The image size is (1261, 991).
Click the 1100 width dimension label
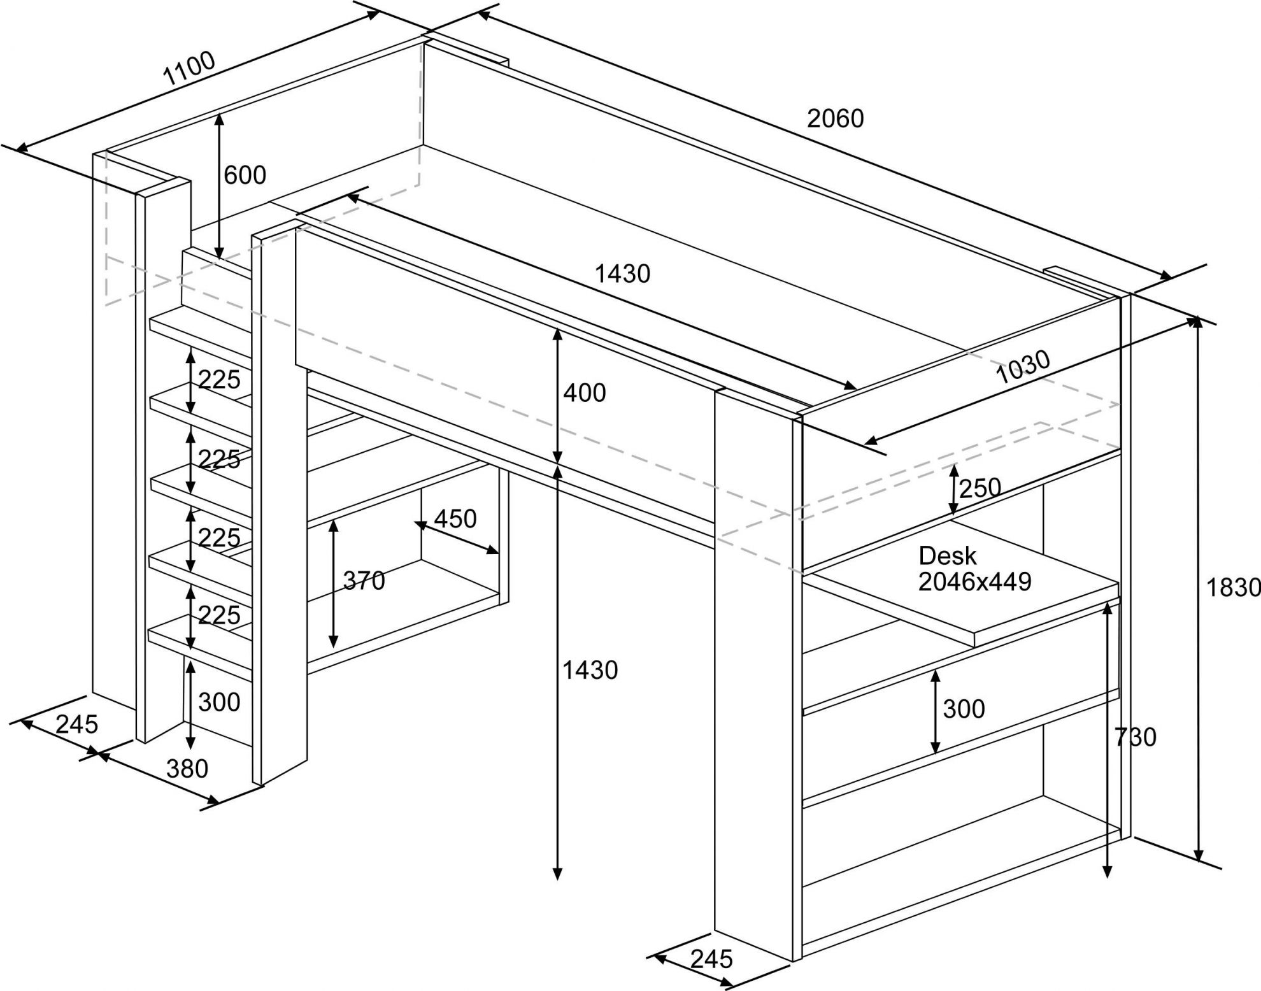pyautogui.click(x=190, y=69)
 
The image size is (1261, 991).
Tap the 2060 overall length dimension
pyautogui.click(x=835, y=119)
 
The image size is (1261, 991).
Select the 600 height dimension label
pyautogui.click(x=245, y=175)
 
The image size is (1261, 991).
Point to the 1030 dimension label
pyautogui.click(x=1022, y=367)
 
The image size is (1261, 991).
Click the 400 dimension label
pyautogui.click(x=584, y=394)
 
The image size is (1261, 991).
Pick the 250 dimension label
pyautogui.click(x=980, y=488)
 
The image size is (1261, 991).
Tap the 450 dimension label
pyautogui.click(x=455, y=519)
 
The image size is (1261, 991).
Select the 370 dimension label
pyautogui.click(x=364, y=581)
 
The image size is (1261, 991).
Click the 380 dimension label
pyautogui.click(x=187, y=769)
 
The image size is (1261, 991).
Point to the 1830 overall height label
pyautogui.click(x=1234, y=588)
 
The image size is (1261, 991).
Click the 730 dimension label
pyautogui.click(x=1136, y=738)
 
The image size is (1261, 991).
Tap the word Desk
pyautogui.click(x=947, y=556)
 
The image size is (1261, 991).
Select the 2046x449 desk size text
pyautogui.click(x=974, y=581)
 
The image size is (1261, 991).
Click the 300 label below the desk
pyautogui.click(x=964, y=709)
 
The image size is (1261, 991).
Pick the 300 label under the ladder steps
pyautogui.click(x=219, y=702)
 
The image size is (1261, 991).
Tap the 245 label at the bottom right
pyautogui.click(x=712, y=959)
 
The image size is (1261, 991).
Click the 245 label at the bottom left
pyautogui.click(x=77, y=724)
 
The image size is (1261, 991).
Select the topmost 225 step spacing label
pyautogui.click(x=219, y=380)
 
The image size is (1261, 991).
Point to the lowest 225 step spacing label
pyautogui.click(x=219, y=615)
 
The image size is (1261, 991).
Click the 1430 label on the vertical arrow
pyautogui.click(x=590, y=670)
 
